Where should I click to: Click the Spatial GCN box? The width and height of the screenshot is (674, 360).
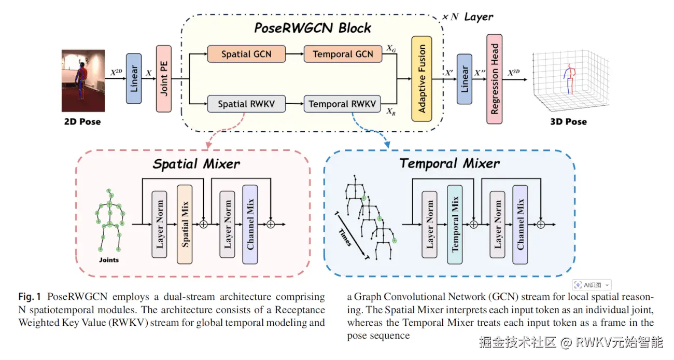(x=246, y=54)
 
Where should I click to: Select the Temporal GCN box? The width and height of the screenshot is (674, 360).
(x=343, y=54)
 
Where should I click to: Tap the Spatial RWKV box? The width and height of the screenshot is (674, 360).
(x=246, y=104)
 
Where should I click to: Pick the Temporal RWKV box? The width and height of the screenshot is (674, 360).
(x=342, y=104)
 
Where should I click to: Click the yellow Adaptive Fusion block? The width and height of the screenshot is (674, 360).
(x=422, y=78)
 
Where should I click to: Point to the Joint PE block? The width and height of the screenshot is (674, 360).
(x=163, y=78)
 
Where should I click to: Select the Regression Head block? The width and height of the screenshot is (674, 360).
(x=495, y=78)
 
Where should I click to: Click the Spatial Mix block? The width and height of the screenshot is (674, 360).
(x=185, y=224)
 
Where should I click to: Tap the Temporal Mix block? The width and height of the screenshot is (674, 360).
(x=455, y=224)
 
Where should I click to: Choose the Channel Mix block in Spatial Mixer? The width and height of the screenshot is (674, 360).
(x=250, y=224)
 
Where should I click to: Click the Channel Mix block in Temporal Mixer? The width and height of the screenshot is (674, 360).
(x=520, y=224)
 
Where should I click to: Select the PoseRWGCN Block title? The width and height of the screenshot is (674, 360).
(x=313, y=28)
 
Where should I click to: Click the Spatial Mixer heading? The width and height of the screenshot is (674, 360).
(x=196, y=164)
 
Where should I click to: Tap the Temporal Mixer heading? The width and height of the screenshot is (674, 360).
(x=450, y=164)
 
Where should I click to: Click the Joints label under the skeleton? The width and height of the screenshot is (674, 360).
(x=109, y=260)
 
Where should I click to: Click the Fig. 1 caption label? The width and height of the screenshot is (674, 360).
(x=30, y=297)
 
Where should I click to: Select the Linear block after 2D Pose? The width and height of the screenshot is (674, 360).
(x=134, y=78)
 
